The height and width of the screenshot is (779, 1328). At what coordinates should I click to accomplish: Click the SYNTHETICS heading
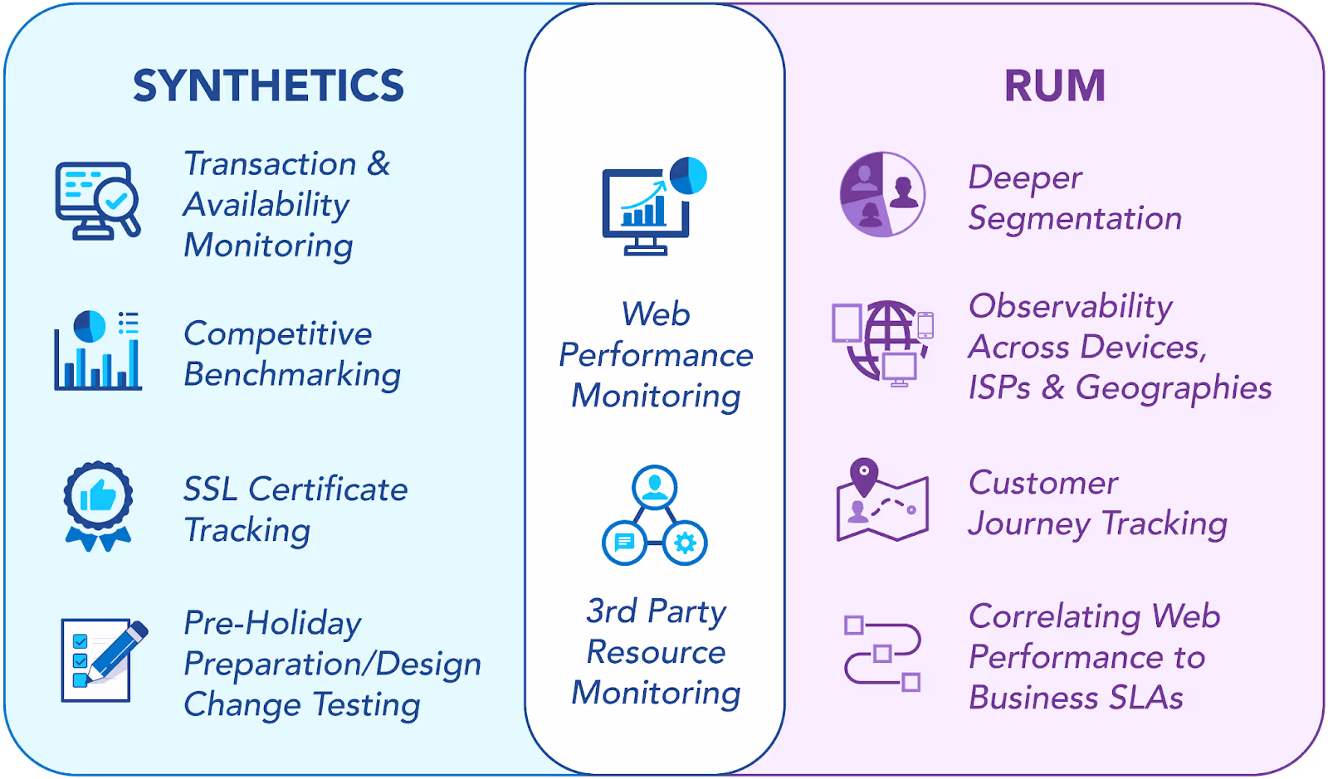pos(268,85)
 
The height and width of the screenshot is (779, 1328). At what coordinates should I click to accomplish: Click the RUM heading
pos(1054,85)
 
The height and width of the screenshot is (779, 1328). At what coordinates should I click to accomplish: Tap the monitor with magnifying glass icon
pos(97,202)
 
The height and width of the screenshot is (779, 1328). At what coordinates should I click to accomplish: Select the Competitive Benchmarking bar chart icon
pos(98,350)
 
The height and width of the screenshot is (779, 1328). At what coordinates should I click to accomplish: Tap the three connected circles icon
pos(654,515)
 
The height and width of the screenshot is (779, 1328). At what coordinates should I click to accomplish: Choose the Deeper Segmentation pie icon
pos(882,194)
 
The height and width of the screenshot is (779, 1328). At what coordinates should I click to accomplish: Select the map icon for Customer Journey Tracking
pos(881,501)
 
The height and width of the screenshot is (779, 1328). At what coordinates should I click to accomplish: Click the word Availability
pos(266,205)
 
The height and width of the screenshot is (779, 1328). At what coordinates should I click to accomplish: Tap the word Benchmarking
pos(292,375)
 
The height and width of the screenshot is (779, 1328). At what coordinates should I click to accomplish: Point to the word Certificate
pos(328,489)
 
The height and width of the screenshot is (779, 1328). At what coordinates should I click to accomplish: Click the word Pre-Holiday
pos(272,623)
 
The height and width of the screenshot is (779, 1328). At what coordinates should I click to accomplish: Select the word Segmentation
pos(1075,219)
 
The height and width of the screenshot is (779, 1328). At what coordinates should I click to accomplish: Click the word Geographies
pos(1174,388)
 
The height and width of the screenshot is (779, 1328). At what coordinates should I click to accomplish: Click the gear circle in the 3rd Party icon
pos(685,543)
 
